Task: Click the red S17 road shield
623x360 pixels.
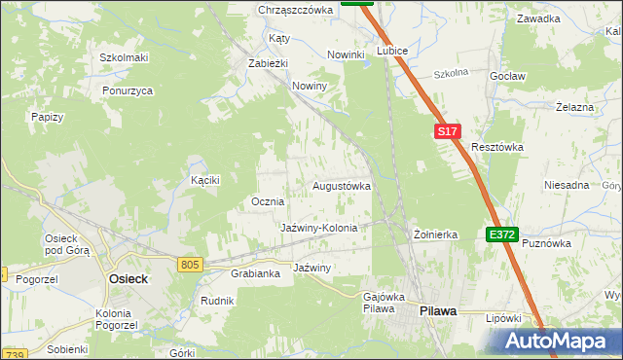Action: point(446,130)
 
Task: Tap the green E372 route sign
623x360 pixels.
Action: point(502,234)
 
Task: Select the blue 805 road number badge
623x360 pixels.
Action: point(190,264)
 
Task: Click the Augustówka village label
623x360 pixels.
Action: point(341,185)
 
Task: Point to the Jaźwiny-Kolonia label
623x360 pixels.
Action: point(319,227)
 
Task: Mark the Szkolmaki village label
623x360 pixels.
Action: point(124,57)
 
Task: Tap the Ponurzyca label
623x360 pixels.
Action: point(128,90)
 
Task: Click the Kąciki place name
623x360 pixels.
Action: point(205,180)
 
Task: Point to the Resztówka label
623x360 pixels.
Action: point(497,147)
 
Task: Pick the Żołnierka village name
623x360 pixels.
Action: point(435,234)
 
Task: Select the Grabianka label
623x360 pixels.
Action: point(255,273)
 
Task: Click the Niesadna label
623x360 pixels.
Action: point(567,185)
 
